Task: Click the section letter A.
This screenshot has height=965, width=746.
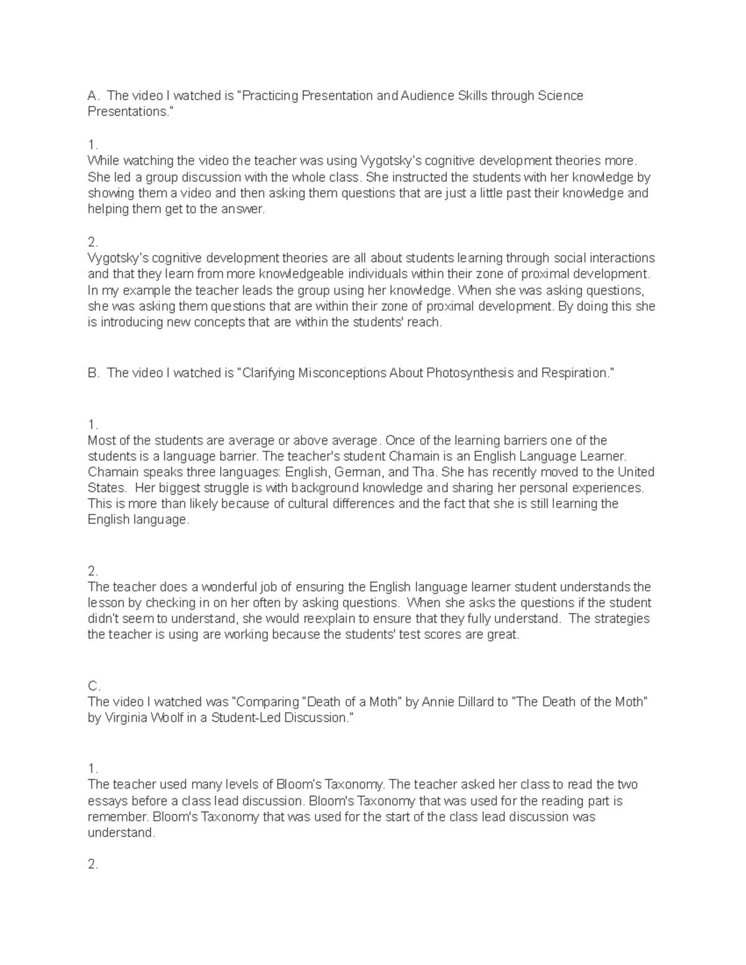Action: coord(93,96)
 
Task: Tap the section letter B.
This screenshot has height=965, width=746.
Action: coord(93,373)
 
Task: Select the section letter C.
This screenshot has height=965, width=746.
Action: coord(93,686)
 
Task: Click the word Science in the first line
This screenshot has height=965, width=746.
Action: coord(560,96)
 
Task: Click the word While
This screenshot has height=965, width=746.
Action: coord(103,161)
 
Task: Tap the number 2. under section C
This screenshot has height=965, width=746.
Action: coord(93,864)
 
